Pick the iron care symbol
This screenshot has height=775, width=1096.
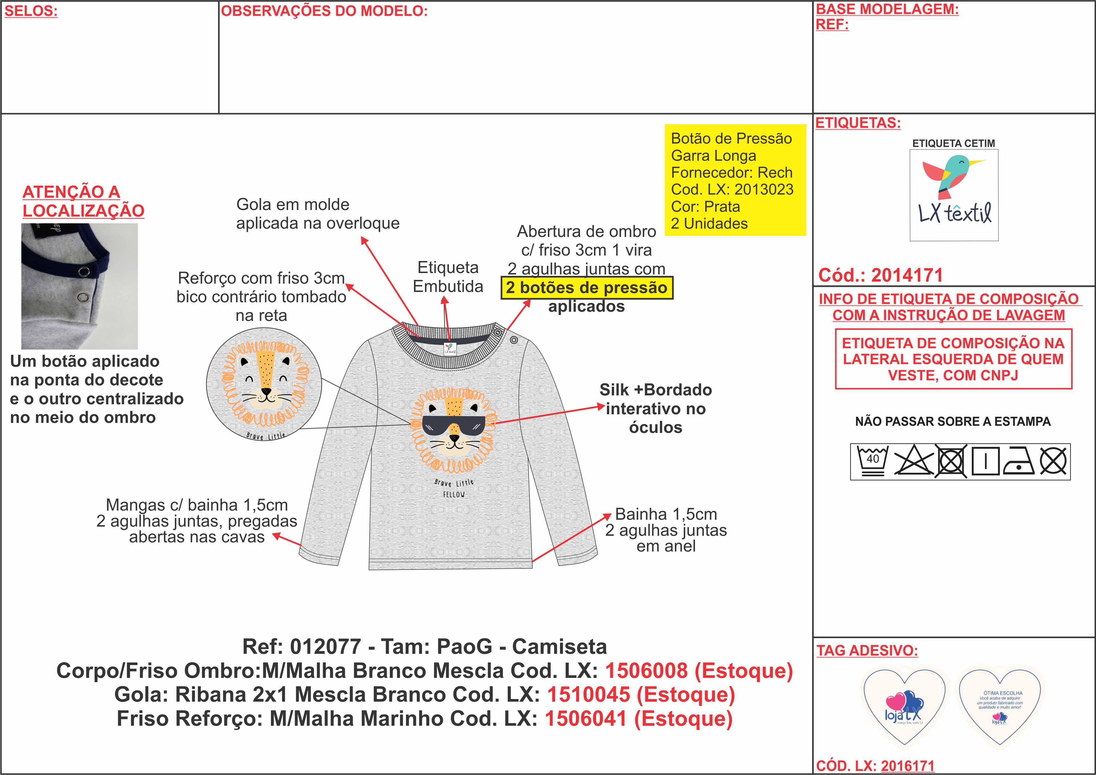(x=1019, y=462)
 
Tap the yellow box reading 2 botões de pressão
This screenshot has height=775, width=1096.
(x=587, y=288)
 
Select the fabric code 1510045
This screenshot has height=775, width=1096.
(x=588, y=695)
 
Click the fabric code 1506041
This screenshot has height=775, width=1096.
(x=585, y=719)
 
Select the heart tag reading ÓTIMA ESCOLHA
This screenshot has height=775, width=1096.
(x=1000, y=705)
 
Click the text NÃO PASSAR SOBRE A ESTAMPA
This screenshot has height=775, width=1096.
(x=952, y=421)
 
